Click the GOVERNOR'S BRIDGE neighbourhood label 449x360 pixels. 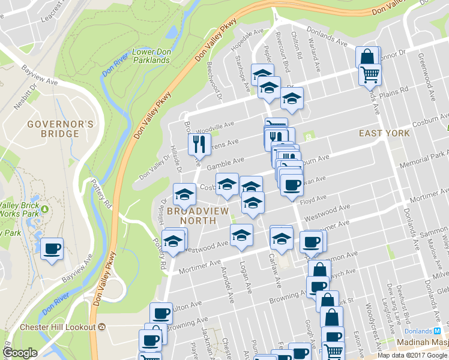(59, 128)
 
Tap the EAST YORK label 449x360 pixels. (384, 133)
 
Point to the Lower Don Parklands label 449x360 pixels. (151, 56)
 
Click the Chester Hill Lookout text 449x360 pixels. (58, 327)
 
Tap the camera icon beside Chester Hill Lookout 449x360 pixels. (101, 327)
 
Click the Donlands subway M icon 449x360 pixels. (437, 331)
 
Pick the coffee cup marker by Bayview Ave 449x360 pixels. (52, 247)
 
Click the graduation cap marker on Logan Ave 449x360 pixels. (241, 234)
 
